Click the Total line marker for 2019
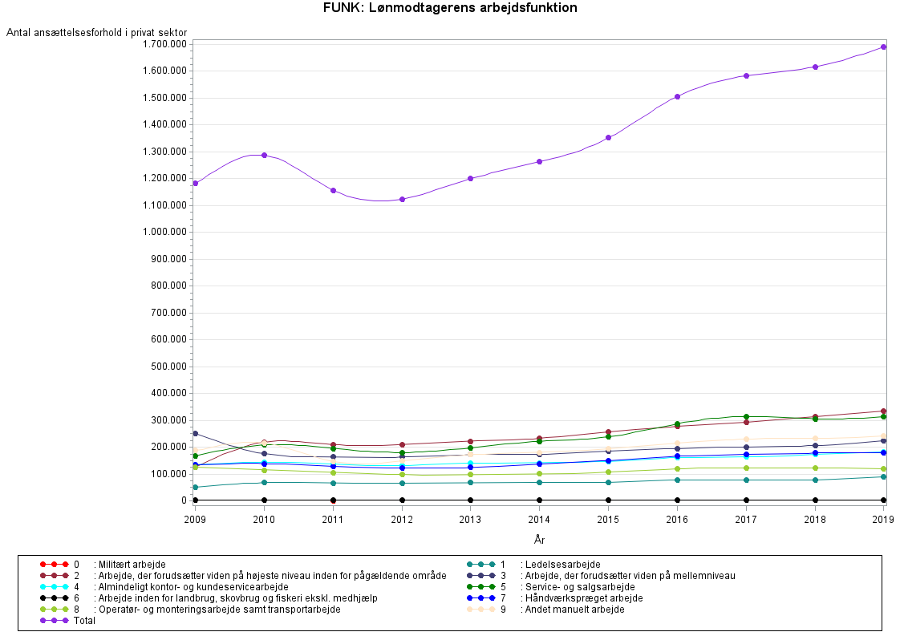(x=883, y=47)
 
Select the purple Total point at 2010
(x=264, y=155)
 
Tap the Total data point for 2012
(x=402, y=199)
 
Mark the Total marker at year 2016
(x=677, y=96)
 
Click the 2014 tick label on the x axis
(x=539, y=520)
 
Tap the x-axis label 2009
(x=195, y=520)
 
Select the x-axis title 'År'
(x=539, y=540)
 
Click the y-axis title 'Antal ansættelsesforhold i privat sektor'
(x=97, y=33)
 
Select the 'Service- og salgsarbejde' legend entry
(x=577, y=587)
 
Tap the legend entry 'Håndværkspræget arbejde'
(x=581, y=598)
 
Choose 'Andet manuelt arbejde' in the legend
(x=574, y=610)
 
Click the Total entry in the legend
(x=83, y=621)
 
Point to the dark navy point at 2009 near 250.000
(x=195, y=433)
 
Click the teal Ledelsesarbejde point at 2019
(x=883, y=476)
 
